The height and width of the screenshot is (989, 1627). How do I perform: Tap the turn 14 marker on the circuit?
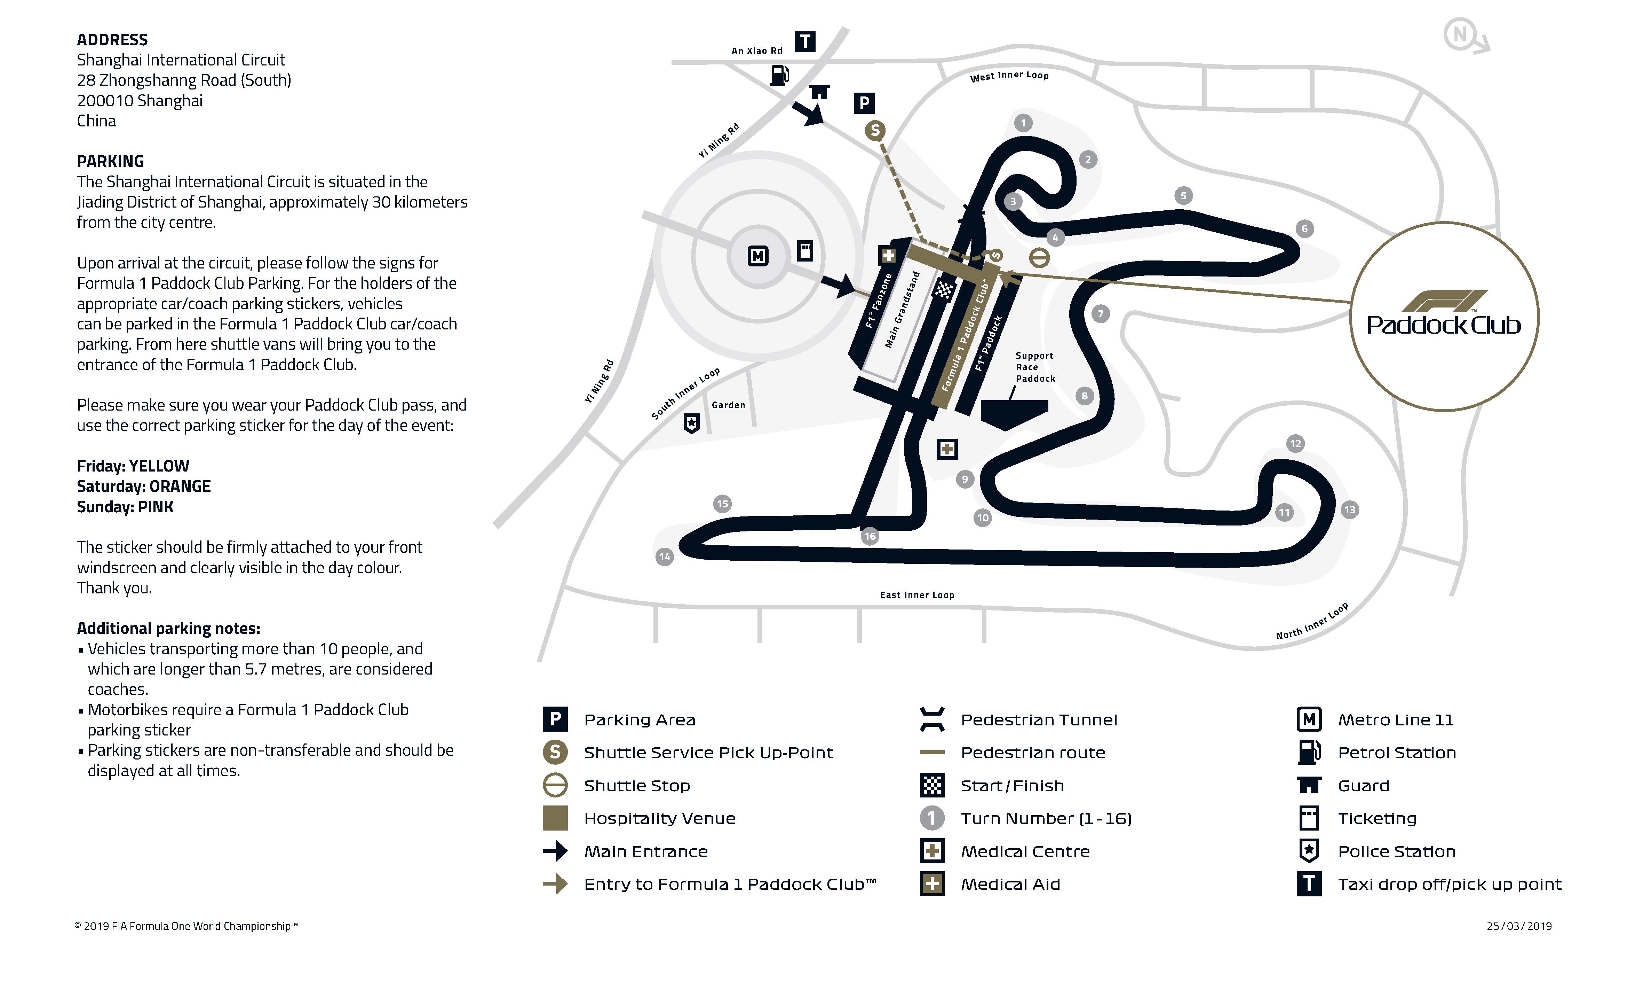coord(664,557)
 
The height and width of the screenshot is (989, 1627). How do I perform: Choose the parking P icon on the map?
coord(864,103)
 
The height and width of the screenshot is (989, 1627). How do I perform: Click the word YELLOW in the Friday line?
coord(159,466)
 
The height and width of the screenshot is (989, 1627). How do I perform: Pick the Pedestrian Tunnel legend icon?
coord(932,719)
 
